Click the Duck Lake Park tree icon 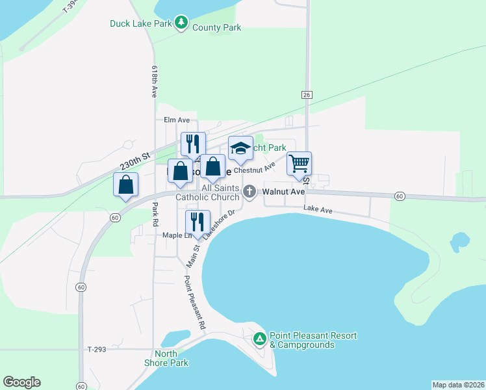[183, 24]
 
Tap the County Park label [216, 28]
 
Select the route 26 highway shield [306, 95]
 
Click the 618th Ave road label [155, 81]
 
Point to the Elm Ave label [176, 120]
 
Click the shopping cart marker [299, 164]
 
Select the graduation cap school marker [240, 149]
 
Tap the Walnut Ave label [283, 192]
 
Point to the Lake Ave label [318, 209]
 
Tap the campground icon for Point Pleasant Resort [259, 339]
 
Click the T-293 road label [96, 349]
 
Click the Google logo [21, 382]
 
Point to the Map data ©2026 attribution [458, 385]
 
